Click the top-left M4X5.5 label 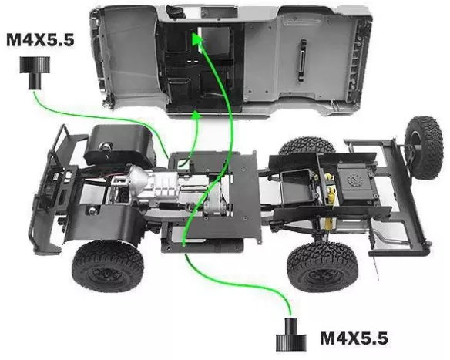click(x=40, y=40)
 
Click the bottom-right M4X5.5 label click(x=354, y=338)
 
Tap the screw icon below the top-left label click(x=35, y=72)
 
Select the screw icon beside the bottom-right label click(x=291, y=334)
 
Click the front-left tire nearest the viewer click(x=108, y=267)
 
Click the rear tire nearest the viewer click(x=322, y=267)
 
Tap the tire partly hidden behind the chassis click(x=307, y=146)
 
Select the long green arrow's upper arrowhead click(x=198, y=39)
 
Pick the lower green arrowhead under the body click(x=196, y=116)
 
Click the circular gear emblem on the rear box click(x=353, y=181)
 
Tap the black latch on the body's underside click(x=302, y=60)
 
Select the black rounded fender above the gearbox click(x=119, y=145)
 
